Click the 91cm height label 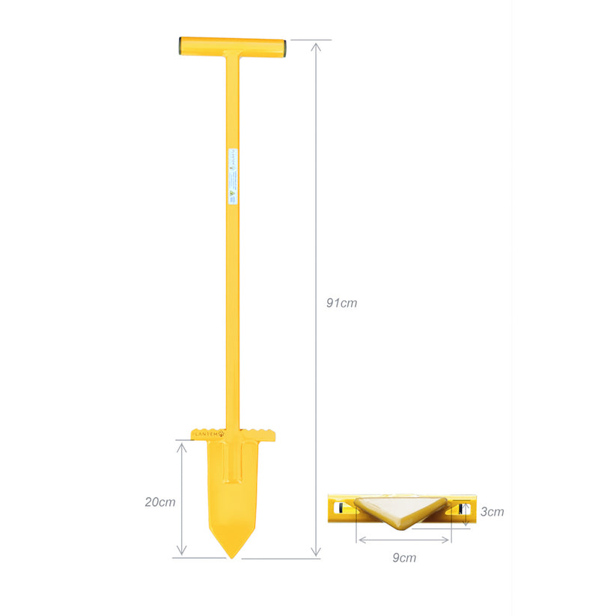[341, 303]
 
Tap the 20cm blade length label [160, 501]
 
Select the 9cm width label [404, 557]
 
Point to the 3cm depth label [492, 512]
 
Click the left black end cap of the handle [181, 46]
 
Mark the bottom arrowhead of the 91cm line [317, 554]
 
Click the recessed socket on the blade [234, 464]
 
